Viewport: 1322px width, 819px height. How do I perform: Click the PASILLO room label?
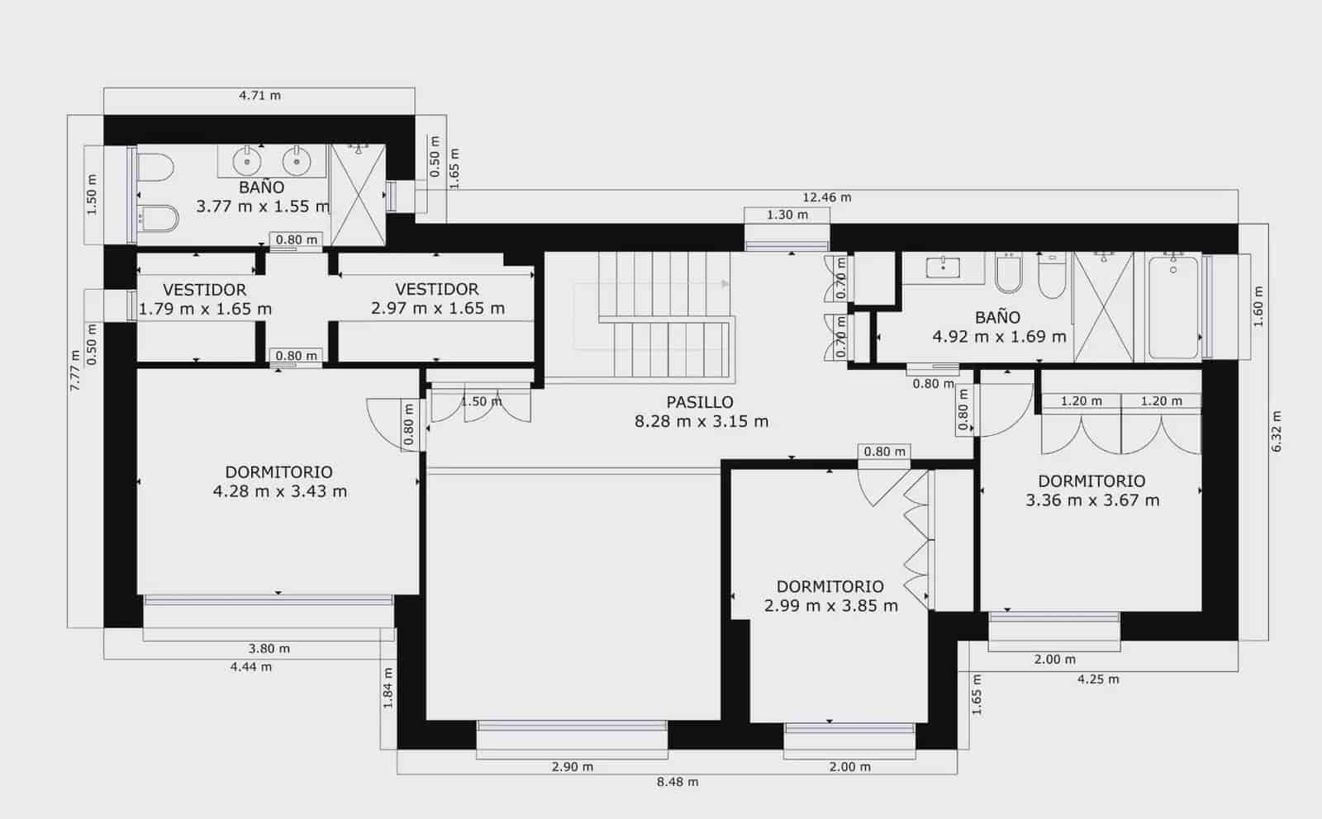[700, 403]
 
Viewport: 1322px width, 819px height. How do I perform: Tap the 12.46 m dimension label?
[826, 197]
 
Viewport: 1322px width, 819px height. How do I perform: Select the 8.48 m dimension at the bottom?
[678, 782]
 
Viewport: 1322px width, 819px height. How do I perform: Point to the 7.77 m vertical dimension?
[75, 371]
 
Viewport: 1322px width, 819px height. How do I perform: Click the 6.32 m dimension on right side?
[1277, 431]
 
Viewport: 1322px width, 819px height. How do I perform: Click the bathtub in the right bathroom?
[1173, 307]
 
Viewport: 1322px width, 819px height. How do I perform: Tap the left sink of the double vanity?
[247, 161]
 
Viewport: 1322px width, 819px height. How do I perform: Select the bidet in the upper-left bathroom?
[158, 219]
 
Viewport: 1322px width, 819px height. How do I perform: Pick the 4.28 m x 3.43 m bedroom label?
[279, 491]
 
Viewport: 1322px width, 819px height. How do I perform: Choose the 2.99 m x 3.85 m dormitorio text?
[830, 605]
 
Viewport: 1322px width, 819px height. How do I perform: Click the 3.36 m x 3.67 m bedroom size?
[1092, 500]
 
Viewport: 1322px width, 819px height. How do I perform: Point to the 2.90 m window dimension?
[573, 767]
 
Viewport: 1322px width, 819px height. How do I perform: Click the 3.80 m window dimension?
[269, 649]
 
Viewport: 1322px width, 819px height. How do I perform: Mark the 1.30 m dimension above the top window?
[787, 215]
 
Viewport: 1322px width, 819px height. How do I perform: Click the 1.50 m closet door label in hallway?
[480, 402]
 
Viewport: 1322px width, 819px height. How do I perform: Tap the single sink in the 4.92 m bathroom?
[943, 267]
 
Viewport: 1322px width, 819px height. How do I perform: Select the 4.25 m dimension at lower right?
[1098, 679]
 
